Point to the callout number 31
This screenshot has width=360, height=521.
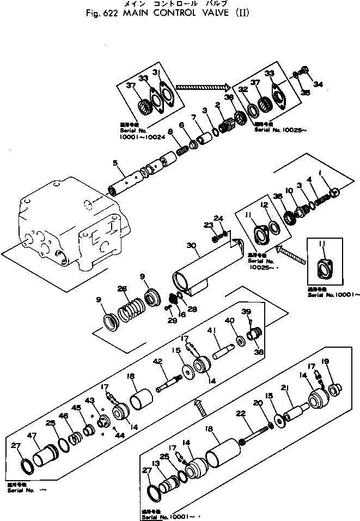click(x=157, y=72)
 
